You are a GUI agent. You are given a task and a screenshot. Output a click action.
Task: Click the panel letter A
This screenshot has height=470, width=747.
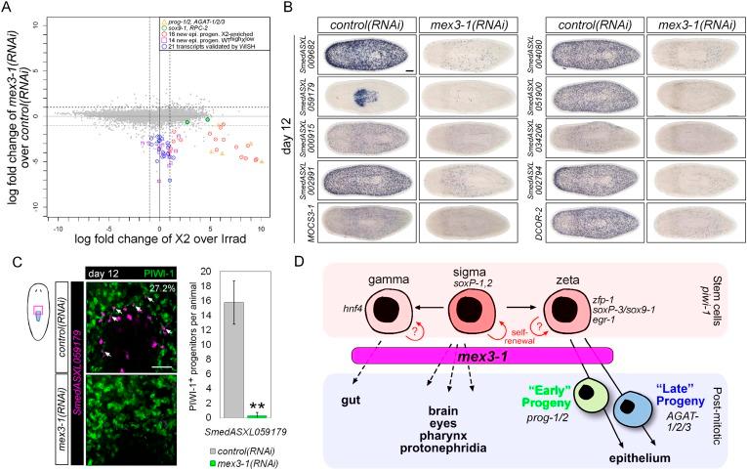(8, 8)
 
